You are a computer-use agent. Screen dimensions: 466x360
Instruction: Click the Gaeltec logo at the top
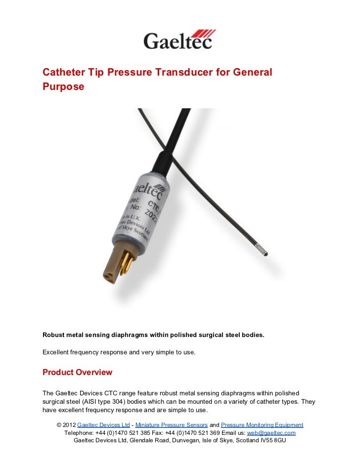[x=179, y=40]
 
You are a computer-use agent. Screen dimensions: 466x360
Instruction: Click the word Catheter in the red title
[x=63, y=73]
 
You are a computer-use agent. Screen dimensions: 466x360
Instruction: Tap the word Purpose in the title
[x=63, y=86]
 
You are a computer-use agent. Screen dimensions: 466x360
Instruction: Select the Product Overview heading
[x=77, y=372]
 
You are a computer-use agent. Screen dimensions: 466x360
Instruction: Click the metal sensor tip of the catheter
[x=265, y=253]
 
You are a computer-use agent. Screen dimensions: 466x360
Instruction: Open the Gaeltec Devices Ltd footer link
[x=104, y=425]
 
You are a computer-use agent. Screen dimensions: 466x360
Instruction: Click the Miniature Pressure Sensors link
[x=172, y=425]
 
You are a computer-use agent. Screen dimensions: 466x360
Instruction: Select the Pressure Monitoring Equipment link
[x=262, y=425]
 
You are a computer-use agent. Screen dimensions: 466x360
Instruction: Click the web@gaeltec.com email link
[x=271, y=433]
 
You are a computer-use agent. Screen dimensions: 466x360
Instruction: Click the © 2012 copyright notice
[x=67, y=425]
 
